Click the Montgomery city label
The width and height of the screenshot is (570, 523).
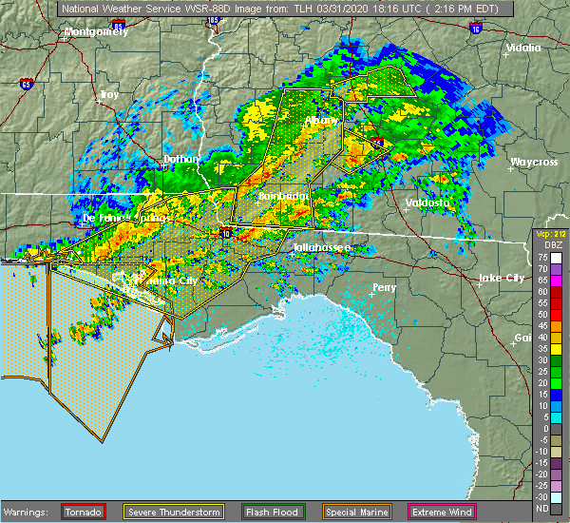[x=95, y=31]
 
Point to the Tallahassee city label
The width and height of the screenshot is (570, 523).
[x=322, y=247]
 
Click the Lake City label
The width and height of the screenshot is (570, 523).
[x=501, y=278]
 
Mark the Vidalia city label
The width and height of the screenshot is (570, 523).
[x=523, y=48]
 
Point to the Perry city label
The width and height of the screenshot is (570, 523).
[x=385, y=287]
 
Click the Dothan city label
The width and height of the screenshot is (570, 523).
[x=182, y=159]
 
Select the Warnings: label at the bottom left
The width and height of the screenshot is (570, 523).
[x=30, y=513]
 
